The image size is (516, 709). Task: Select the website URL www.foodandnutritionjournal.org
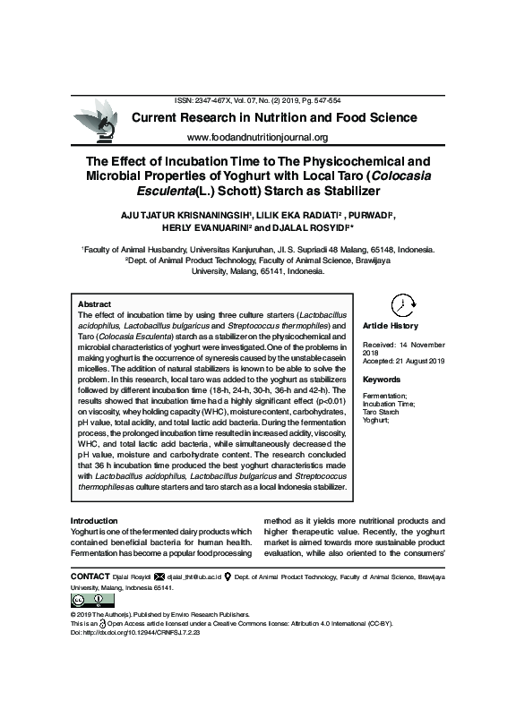coord(258,137)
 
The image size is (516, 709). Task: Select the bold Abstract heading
coord(95,304)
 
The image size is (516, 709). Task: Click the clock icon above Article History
coord(403,304)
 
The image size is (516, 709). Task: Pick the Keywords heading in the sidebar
coord(382,380)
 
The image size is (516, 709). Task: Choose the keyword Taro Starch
coord(383,412)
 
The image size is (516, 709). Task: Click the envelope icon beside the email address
coord(159,577)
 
